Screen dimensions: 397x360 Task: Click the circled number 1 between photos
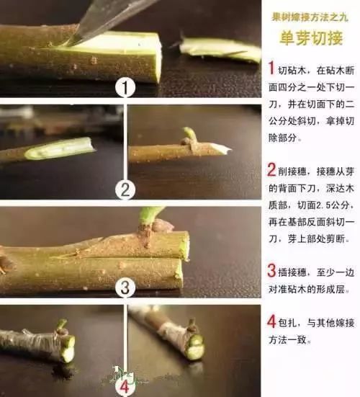[x=126, y=89]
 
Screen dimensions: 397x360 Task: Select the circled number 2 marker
[x=126, y=190]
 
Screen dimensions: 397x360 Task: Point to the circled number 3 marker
[x=126, y=289]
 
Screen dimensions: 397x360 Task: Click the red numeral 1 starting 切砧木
[x=271, y=69]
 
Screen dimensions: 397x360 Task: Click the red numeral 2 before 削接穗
[x=271, y=171]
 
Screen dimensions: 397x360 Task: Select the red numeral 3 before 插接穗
[x=271, y=272]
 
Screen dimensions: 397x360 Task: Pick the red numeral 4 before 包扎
[x=271, y=321]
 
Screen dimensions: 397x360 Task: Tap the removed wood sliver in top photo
[x=220, y=48]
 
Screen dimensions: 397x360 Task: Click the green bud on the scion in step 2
[x=189, y=135]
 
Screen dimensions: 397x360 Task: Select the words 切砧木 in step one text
[x=294, y=70]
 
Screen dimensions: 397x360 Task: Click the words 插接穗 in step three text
[x=294, y=272]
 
